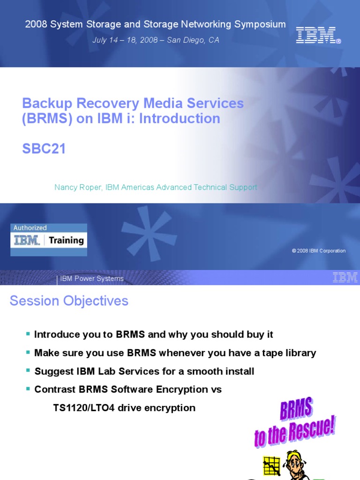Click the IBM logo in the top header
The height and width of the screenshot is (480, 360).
tap(318, 35)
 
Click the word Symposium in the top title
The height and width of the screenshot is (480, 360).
tap(256, 24)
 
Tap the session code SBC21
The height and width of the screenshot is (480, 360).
tap(44, 149)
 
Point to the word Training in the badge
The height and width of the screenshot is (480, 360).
tap(66, 240)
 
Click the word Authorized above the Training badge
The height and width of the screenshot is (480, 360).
tap(30, 228)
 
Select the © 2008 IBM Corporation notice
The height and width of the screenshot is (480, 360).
tap(318, 251)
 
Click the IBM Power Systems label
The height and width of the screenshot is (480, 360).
tap(92, 279)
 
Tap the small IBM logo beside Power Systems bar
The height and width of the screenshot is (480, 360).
tap(345, 277)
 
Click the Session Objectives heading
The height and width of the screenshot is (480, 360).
tap(69, 301)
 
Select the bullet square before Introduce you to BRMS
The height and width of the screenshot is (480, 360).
tap(28, 334)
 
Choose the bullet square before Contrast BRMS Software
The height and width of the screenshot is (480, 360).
tap(28, 389)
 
